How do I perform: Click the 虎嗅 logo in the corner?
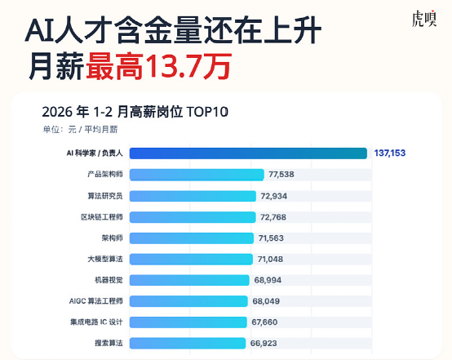pyautogui.click(x=424, y=19)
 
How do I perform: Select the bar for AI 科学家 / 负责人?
pyautogui.click(x=248, y=153)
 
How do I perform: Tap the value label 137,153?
pyautogui.click(x=390, y=153)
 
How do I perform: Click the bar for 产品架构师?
pyautogui.click(x=197, y=175)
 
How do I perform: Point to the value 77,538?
pyautogui.click(x=281, y=175)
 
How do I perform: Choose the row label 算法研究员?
pyautogui.click(x=105, y=196)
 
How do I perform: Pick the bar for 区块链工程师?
pyautogui.click(x=193, y=217)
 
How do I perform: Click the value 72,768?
pyautogui.click(x=273, y=217)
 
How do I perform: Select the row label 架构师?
pyautogui.click(x=112, y=238)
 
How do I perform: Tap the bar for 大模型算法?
pyautogui.click(x=191, y=259)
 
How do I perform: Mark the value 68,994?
pyautogui.click(x=268, y=280)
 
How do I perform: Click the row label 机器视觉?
pyautogui.click(x=109, y=280)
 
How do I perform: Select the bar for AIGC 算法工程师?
pyautogui.click(x=188, y=301)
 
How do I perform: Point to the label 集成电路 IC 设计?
pyautogui.click(x=96, y=322)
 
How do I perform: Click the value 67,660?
pyautogui.click(x=264, y=322)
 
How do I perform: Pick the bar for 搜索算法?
pyautogui.click(x=188, y=344)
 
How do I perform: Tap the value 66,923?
pyautogui.click(x=264, y=344)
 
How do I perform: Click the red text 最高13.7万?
pyautogui.click(x=159, y=67)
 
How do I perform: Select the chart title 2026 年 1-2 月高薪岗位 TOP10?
pyautogui.click(x=135, y=112)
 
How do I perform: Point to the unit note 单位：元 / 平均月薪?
pyautogui.click(x=80, y=130)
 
